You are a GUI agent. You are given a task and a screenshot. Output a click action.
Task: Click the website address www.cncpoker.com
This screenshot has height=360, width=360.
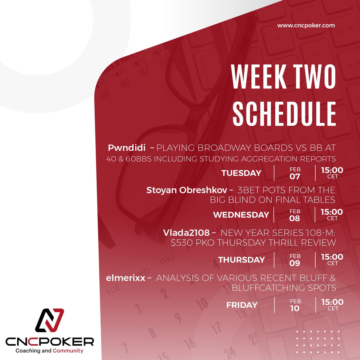click(306, 25)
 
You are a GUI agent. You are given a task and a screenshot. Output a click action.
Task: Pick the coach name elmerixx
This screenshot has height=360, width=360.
click(125, 278)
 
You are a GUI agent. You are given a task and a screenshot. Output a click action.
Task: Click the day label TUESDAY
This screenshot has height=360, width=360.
click(241, 173)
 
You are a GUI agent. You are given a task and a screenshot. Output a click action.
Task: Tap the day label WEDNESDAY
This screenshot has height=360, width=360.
click(241, 215)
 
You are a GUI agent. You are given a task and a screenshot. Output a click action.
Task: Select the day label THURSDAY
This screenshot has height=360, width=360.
click(241, 260)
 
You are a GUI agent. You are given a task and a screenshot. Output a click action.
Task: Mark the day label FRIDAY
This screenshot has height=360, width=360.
click(242, 305)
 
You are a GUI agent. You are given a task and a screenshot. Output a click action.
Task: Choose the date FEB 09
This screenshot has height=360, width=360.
click(295, 260)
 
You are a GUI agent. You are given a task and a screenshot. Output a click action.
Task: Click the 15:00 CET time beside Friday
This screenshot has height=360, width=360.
click(332, 304)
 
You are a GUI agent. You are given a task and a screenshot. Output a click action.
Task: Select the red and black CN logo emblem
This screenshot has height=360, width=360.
click(49, 320)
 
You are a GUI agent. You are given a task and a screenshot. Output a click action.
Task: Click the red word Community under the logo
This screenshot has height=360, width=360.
click(68, 351)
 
